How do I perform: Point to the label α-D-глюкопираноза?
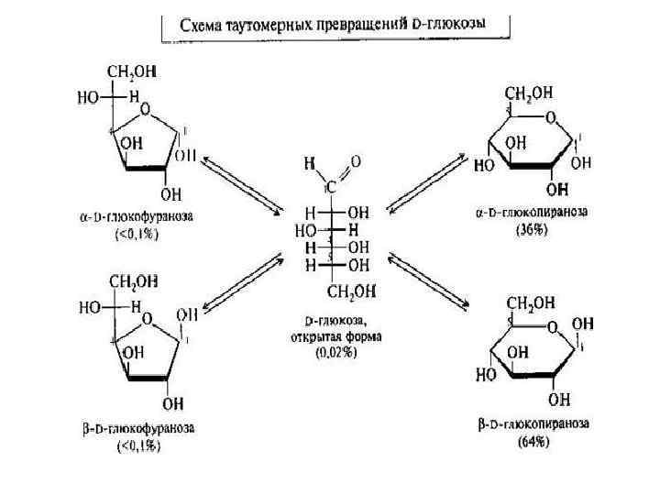532,212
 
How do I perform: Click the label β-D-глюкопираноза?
533,423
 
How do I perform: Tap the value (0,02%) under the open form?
335,352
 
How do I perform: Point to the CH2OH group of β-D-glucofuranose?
132,281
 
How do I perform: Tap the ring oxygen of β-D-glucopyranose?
551,326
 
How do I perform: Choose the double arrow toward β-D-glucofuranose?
241,282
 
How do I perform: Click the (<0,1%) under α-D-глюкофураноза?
137,234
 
